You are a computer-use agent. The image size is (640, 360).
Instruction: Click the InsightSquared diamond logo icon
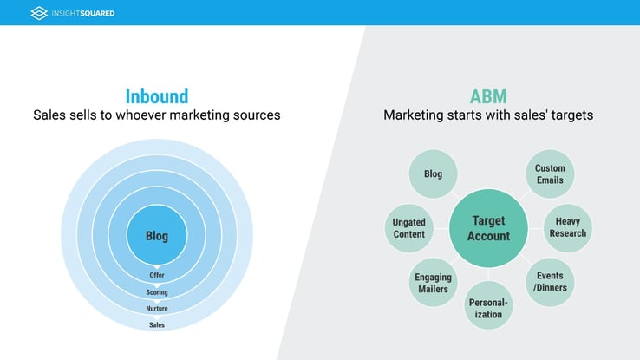(39, 13)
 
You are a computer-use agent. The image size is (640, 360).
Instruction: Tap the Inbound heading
(157, 97)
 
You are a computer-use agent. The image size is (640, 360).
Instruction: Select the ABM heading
(488, 97)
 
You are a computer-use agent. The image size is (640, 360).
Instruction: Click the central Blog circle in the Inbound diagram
(157, 235)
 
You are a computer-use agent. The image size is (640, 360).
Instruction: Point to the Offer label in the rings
(157, 275)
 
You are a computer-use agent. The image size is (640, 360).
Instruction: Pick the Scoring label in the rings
(157, 292)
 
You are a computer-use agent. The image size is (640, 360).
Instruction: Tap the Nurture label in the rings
(157, 309)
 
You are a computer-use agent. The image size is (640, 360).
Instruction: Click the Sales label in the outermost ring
(157, 325)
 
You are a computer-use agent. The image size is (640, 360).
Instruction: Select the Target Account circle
(488, 228)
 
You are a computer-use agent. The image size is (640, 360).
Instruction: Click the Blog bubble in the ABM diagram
(433, 173)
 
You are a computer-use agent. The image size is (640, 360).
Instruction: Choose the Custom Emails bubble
(550, 173)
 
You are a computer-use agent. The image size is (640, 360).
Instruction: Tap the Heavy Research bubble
(568, 228)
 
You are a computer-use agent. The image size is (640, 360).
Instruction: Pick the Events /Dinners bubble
(550, 282)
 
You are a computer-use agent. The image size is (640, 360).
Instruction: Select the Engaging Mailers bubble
(433, 282)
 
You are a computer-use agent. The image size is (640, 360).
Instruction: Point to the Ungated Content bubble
(409, 228)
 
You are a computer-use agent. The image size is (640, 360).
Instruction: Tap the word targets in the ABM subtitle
(571, 115)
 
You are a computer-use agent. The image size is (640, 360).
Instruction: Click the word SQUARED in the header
(97, 14)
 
